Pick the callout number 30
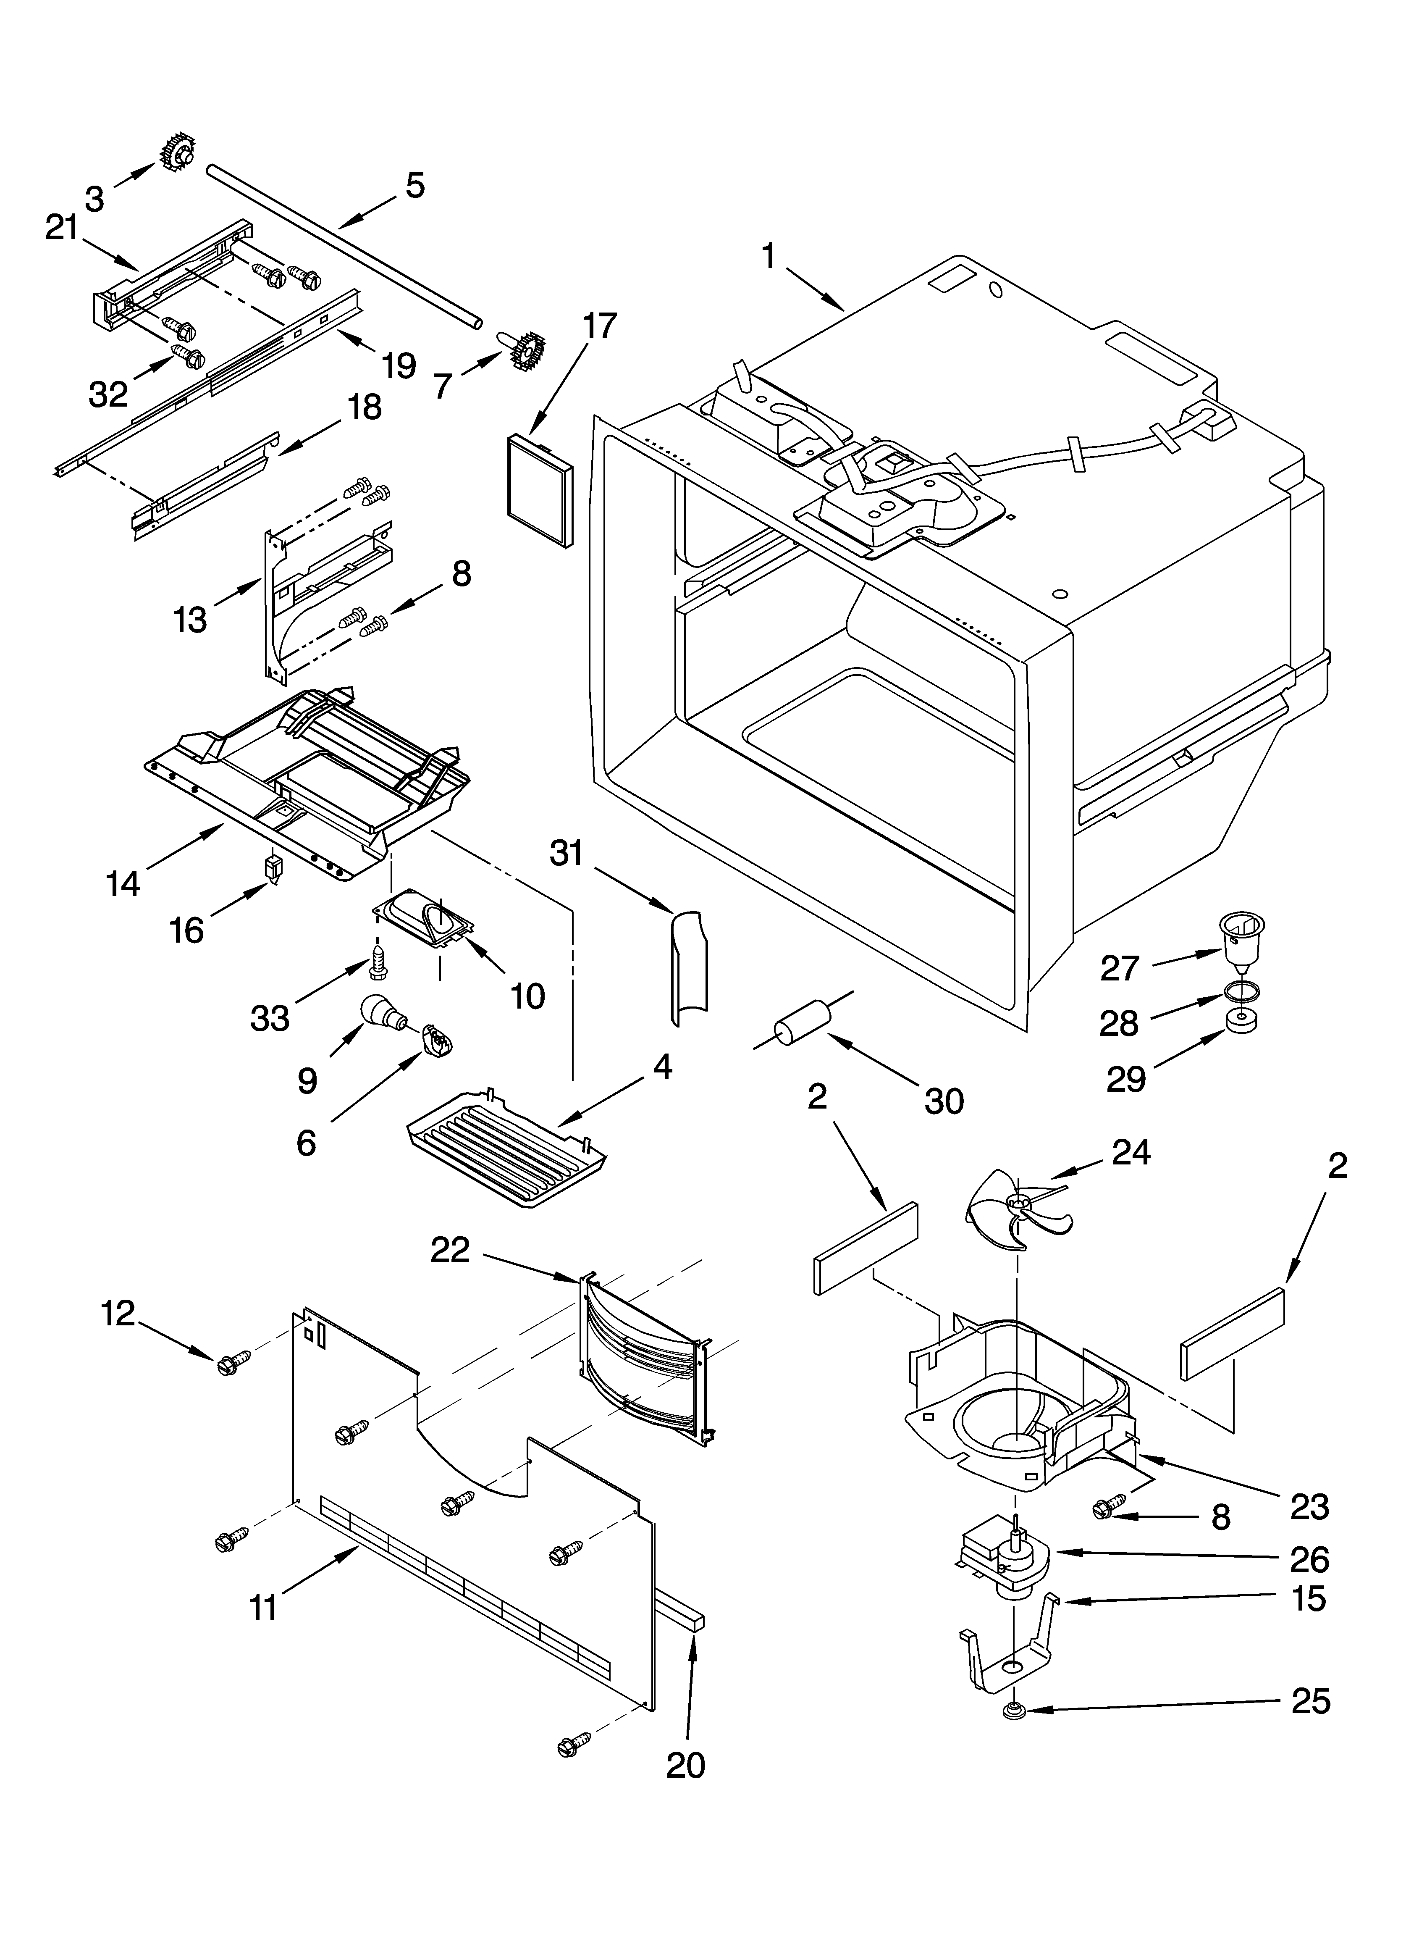(x=944, y=1101)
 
